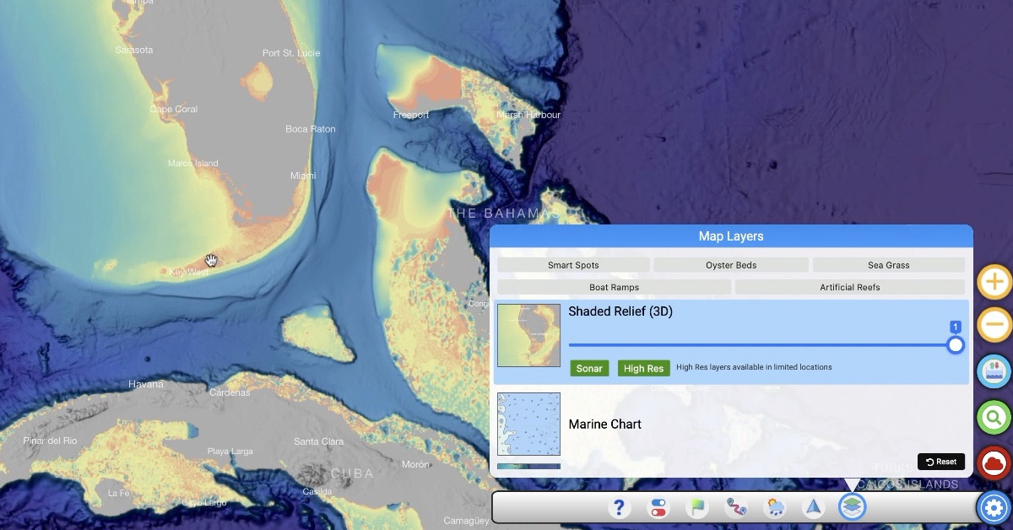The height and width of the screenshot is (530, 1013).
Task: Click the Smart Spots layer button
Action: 573,265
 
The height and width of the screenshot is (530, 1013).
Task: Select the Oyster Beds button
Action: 731,265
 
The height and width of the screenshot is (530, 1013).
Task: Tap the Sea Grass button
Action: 888,265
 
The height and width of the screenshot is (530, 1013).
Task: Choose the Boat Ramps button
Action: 614,287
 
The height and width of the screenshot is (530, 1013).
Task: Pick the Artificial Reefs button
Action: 849,287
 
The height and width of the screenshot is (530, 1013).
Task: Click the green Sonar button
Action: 589,368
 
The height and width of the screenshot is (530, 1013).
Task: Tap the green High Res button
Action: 643,368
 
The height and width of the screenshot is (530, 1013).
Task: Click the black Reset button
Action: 941,462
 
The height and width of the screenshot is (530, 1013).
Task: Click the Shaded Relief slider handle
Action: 956,344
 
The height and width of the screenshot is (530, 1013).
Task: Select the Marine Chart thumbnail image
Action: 528,424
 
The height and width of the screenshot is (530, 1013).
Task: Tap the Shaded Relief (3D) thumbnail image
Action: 528,335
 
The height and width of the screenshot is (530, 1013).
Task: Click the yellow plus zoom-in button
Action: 994,282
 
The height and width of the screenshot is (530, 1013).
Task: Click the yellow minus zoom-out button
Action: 994,325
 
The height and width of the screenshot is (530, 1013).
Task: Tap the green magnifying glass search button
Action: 994,416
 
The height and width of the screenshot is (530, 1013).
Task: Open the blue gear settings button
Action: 994,507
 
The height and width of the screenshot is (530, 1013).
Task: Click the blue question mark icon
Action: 620,507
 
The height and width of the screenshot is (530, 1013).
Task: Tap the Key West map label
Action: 188,273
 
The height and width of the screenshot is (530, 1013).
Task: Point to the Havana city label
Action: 146,384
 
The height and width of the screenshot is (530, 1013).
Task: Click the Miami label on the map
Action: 303,176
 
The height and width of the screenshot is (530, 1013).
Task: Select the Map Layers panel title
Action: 731,236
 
